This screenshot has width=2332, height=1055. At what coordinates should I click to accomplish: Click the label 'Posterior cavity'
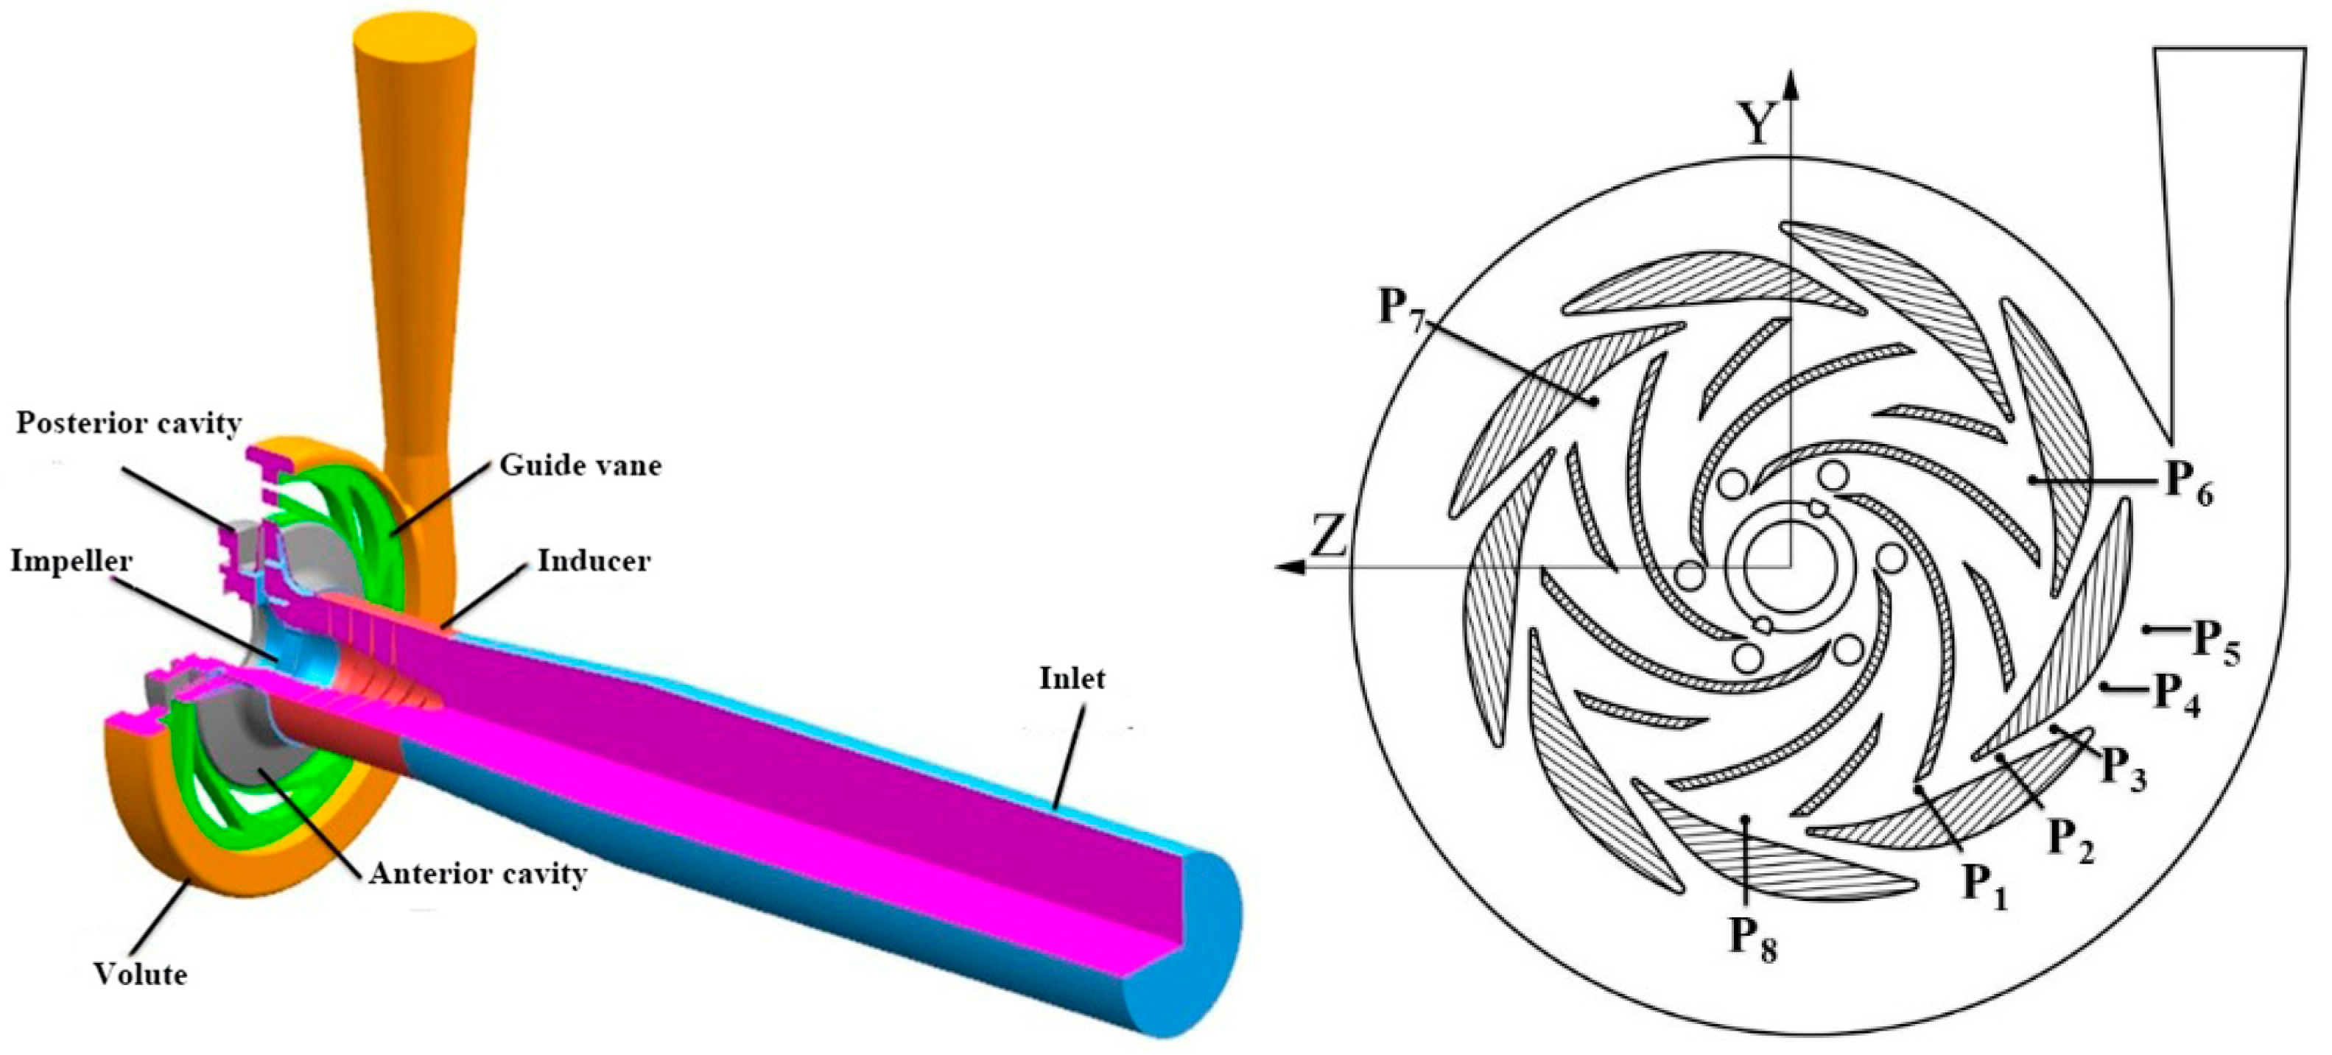[x=129, y=423]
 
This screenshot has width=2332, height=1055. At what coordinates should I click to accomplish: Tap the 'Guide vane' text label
[x=580, y=465]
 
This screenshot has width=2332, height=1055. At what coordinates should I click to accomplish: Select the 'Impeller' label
[x=71, y=561]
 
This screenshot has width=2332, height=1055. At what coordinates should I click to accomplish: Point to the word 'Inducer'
[x=594, y=561]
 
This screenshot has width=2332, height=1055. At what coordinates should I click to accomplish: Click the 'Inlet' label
[x=1072, y=679]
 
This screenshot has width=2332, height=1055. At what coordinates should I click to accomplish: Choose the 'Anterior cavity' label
[x=478, y=874]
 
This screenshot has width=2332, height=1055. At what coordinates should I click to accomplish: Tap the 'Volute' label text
[x=141, y=975]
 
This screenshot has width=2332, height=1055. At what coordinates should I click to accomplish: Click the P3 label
[x=2123, y=771]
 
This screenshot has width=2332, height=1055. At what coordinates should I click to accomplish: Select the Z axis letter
[x=1328, y=537]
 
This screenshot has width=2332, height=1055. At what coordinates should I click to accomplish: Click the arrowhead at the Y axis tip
[x=1790, y=83]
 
